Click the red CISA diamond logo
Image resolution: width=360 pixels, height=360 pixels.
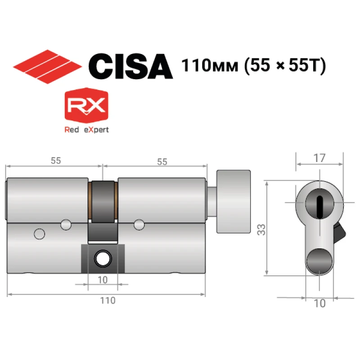(47, 67)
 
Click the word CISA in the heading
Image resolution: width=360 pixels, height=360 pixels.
(130, 66)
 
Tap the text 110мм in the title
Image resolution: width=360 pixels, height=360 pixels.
(210, 65)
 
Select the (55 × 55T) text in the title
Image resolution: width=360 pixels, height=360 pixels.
(285, 66)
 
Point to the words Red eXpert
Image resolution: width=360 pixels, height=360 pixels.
(86, 130)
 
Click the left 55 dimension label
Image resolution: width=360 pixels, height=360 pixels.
(56, 161)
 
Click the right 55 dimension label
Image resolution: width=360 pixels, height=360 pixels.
(162, 162)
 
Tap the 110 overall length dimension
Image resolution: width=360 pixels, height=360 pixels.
(108, 300)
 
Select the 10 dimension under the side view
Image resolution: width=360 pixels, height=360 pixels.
(103, 280)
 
